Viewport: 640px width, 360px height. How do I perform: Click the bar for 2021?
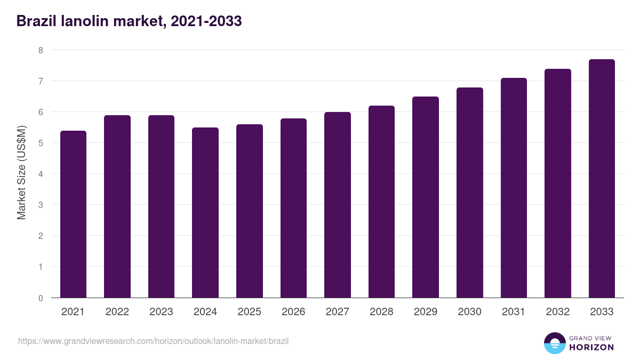(73, 214)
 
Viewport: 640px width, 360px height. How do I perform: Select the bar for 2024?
(205, 213)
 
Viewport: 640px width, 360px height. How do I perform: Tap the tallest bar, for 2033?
(602, 179)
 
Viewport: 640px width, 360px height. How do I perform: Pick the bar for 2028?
(381, 202)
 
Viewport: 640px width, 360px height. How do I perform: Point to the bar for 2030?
(469, 193)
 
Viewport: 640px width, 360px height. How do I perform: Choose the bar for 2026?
(293, 208)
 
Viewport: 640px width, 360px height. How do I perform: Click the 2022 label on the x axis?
(117, 312)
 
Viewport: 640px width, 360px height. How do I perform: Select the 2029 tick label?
(426, 312)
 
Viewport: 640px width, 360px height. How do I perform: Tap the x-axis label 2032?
(557, 312)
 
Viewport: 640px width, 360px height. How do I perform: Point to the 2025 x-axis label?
(249, 312)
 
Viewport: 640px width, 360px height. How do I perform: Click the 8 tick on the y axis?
(40, 50)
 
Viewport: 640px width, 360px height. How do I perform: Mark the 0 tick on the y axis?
(40, 298)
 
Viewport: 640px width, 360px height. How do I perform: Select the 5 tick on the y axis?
(40, 143)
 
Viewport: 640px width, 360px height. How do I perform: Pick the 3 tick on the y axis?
(40, 205)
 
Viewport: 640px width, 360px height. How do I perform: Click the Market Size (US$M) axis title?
(21, 173)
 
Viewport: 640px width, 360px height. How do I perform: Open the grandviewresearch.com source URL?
(153, 341)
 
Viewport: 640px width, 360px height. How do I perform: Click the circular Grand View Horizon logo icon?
(554, 343)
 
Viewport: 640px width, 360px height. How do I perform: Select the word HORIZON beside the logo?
(591, 347)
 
